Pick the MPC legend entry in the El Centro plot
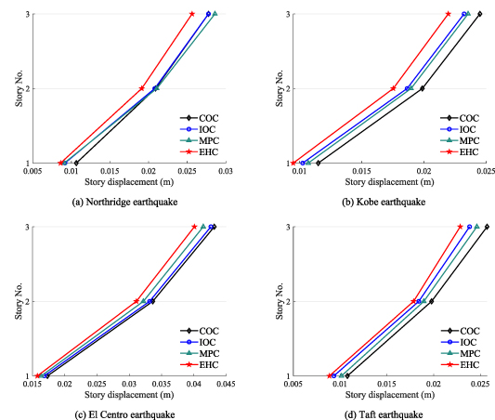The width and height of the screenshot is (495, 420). point(202,353)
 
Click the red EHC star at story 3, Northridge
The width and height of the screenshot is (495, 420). point(192,14)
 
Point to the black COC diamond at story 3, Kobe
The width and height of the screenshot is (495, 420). point(479,14)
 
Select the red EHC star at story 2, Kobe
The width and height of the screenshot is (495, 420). point(394,88)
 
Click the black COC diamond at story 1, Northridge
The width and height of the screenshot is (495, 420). point(76,163)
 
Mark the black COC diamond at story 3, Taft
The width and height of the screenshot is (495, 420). point(486,227)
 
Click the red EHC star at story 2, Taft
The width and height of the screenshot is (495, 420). point(414,301)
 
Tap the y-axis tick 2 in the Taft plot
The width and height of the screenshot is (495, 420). point(287,301)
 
